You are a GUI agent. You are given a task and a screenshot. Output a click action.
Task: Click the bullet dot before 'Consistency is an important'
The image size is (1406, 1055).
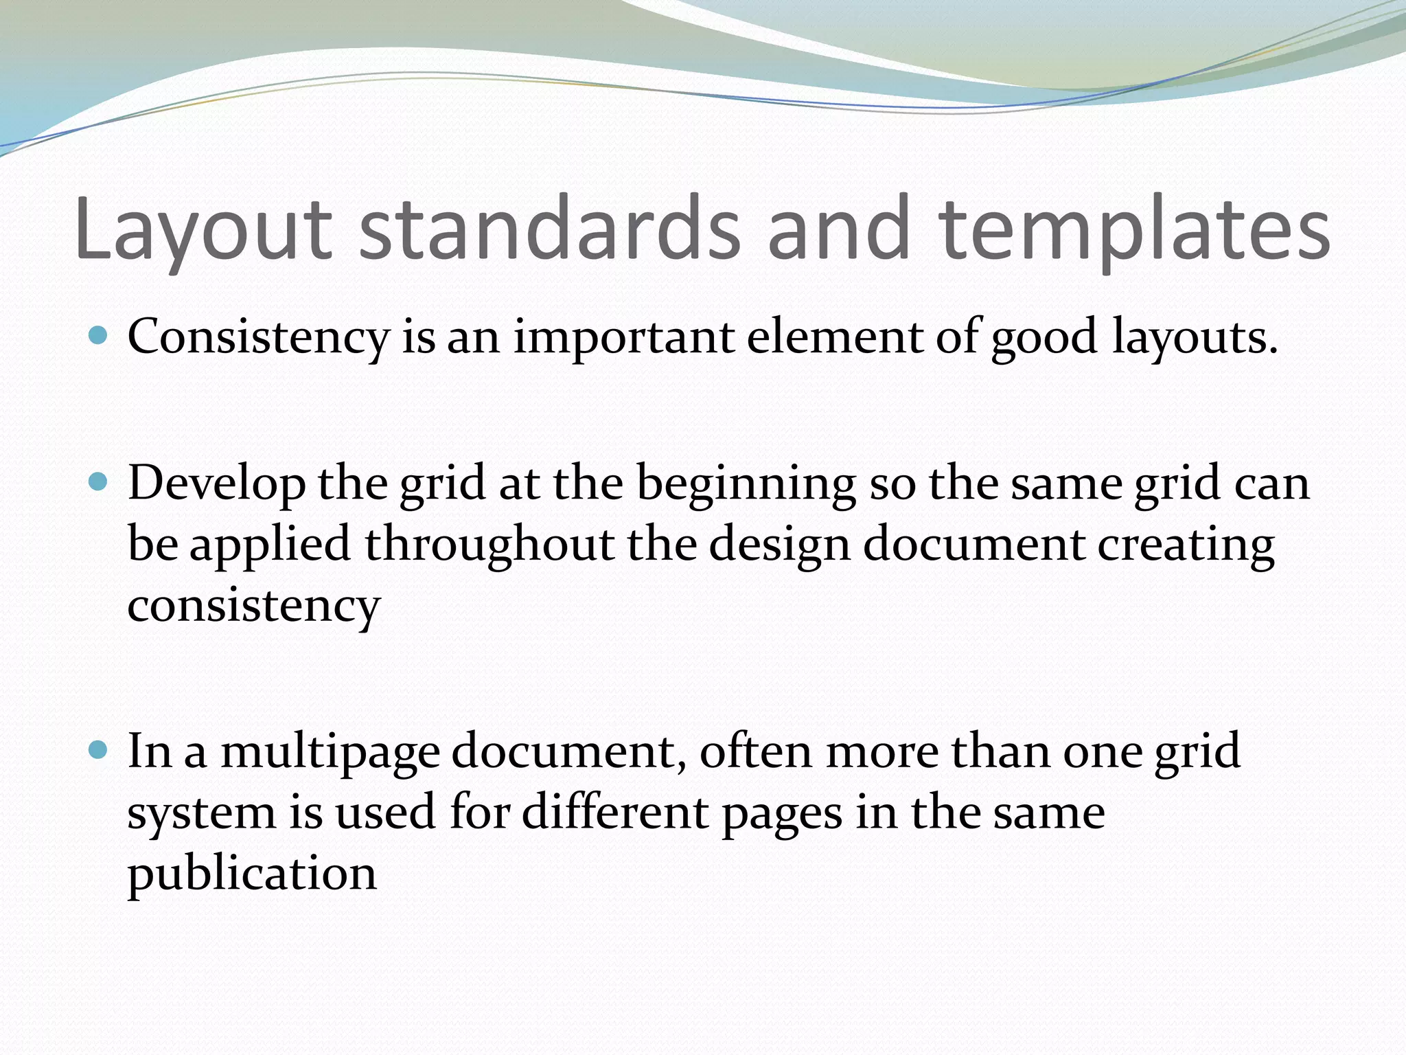tap(99, 336)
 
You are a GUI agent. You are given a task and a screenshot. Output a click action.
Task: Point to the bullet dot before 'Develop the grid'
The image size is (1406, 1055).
tap(99, 482)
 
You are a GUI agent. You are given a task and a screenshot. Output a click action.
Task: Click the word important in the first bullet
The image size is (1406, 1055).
tap(624, 339)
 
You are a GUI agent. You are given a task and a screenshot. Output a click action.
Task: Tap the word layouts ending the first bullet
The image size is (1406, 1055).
tap(1195, 339)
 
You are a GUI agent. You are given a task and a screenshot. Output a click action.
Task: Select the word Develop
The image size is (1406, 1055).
tap(216, 484)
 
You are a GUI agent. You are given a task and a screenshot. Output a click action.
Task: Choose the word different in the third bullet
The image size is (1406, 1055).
tap(615, 812)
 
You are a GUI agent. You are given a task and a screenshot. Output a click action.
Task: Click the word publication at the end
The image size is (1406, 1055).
tap(252, 875)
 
